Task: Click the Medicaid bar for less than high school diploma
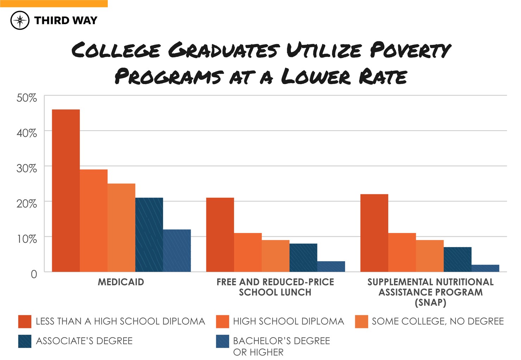(66, 190)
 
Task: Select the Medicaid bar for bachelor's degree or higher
(177, 251)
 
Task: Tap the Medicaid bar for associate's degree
(149, 235)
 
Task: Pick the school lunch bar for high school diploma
(248, 252)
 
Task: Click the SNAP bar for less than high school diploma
(374, 233)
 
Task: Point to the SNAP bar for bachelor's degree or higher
(485, 268)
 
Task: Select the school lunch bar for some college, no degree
(275, 256)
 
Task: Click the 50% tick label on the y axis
(27, 98)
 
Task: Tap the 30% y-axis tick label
(27, 168)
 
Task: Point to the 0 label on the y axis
(34, 274)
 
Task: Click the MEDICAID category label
(121, 282)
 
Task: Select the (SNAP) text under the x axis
(430, 303)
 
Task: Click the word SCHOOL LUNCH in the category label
(275, 292)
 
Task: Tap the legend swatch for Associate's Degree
(25, 341)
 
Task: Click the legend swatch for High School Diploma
(222, 321)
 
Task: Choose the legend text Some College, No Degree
(438, 321)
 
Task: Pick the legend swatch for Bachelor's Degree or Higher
(222, 341)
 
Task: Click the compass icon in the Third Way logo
(20, 20)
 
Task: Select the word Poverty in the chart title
(410, 50)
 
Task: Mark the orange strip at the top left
(54, 4)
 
